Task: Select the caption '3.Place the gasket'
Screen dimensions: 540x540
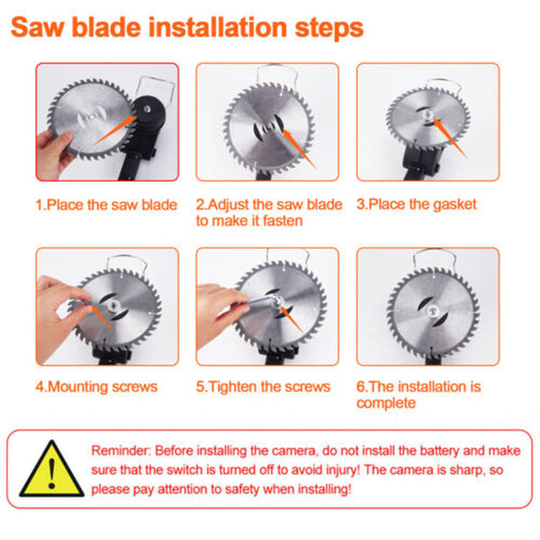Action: coord(417,204)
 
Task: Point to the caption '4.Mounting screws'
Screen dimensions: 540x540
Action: coord(96,386)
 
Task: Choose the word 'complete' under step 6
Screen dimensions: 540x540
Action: coord(386,403)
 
